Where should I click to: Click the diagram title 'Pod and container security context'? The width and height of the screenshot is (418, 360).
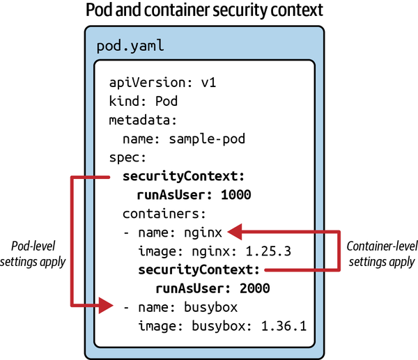(x=208, y=12)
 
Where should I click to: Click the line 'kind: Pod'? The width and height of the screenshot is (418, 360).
(x=144, y=101)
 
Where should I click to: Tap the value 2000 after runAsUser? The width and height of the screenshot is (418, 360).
(x=254, y=288)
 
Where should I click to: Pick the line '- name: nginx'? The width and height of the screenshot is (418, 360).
(x=172, y=231)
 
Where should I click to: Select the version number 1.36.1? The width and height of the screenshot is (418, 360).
(x=285, y=325)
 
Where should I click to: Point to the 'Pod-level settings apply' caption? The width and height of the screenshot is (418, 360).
(x=39, y=254)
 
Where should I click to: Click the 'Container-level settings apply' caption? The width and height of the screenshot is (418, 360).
(x=380, y=254)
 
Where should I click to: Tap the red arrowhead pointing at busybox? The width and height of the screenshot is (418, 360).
(x=104, y=305)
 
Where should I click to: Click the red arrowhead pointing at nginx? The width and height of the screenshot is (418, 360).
(x=235, y=230)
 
